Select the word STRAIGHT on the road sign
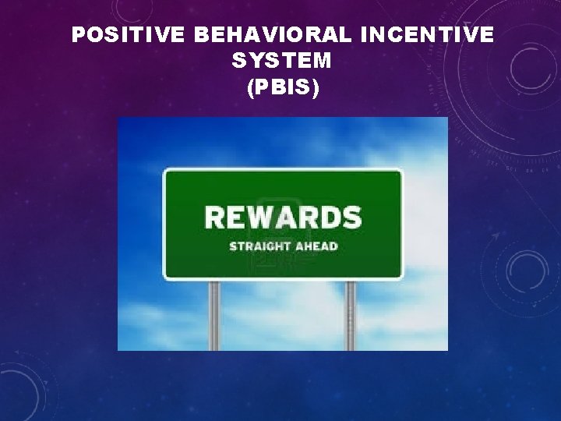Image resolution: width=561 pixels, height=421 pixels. click(257, 246)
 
